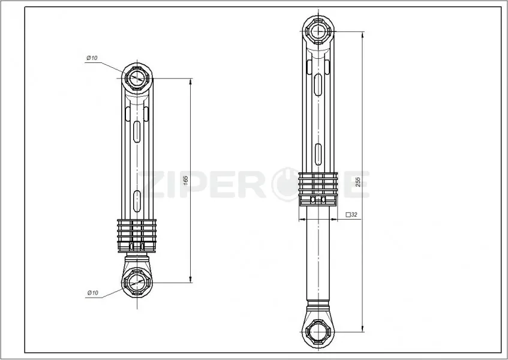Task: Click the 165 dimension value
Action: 186,180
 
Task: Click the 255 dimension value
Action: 358,182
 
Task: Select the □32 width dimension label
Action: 351,215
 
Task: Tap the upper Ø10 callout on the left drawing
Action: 92,58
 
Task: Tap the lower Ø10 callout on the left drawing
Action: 92,293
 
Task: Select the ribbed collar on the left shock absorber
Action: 137,236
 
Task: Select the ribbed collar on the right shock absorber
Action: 318,189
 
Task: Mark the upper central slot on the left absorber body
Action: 137,131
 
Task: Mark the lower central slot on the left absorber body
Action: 137,201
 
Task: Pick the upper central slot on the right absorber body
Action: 318,85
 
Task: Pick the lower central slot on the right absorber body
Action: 318,154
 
